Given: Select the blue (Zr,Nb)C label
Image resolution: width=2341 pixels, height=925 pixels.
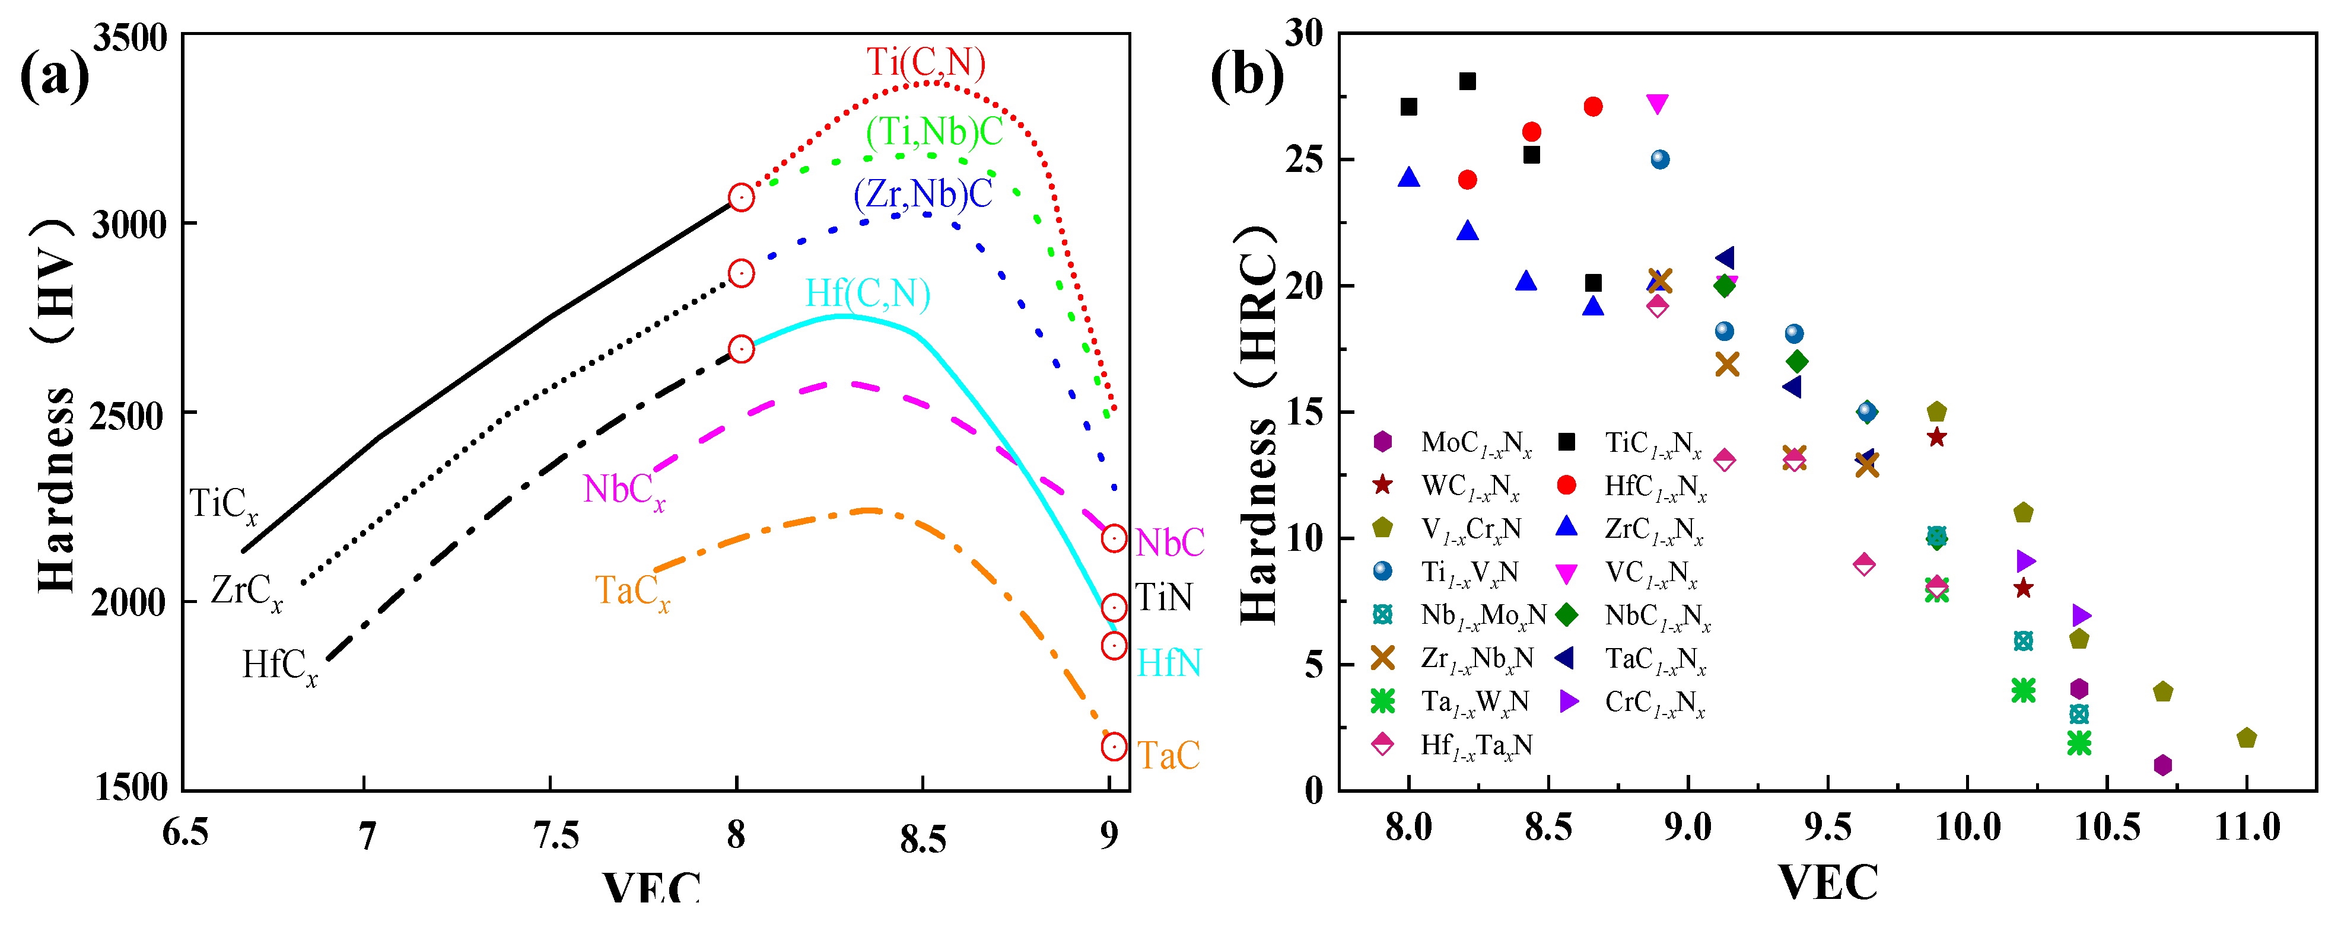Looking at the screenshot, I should [x=923, y=193].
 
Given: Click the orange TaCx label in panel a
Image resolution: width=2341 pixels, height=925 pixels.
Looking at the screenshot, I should [x=632, y=592].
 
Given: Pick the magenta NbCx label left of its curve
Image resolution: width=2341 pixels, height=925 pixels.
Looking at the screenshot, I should [x=624, y=490].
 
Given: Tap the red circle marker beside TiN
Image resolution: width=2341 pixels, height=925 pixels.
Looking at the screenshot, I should [x=1113, y=608].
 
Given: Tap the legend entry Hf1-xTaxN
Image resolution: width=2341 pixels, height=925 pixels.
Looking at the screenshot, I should [x=1454, y=745].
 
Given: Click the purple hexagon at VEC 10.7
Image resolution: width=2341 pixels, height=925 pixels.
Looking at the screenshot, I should [x=2163, y=765].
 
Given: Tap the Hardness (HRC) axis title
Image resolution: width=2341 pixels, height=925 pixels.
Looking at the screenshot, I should [x=1259, y=425].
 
